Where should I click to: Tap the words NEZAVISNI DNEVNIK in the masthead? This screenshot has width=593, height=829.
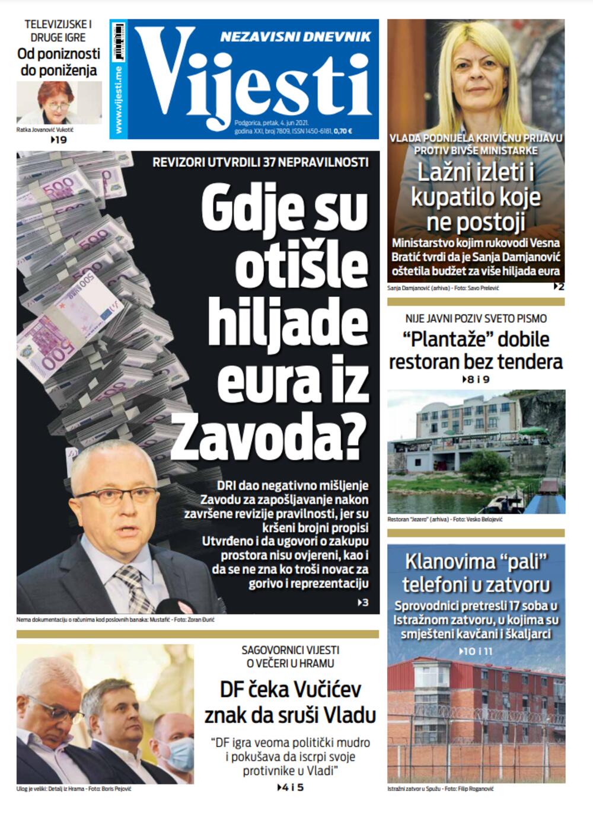coord(295,37)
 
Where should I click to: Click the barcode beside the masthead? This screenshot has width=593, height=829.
coord(119,41)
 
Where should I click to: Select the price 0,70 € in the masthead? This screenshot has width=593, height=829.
coord(343,132)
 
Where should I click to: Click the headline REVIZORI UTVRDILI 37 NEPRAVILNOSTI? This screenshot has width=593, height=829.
coord(260,162)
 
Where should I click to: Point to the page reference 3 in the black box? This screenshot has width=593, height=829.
coord(364,603)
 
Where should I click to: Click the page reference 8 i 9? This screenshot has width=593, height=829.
coord(476,379)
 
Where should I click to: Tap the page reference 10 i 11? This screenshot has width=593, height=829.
coord(476,651)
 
